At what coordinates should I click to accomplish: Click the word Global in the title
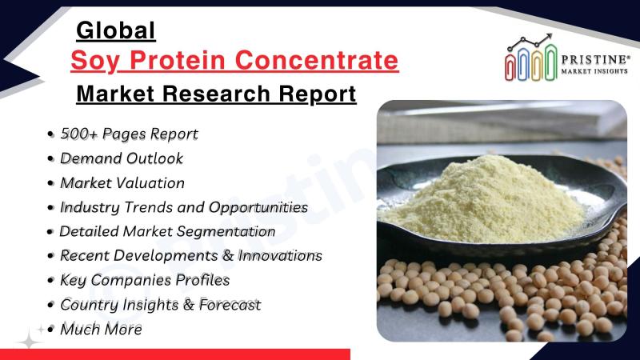(x=116, y=30)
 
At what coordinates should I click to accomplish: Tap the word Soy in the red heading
(x=95, y=61)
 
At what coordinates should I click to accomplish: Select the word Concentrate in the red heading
(x=317, y=60)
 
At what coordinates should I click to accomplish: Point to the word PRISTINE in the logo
(x=595, y=59)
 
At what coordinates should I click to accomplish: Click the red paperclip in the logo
(x=510, y=66)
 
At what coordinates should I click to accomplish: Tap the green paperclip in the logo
(x=550, y=62)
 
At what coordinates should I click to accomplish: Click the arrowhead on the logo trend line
(x=549, y=36)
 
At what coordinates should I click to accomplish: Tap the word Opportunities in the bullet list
(x=258, y=208)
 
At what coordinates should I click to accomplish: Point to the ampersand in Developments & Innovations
(x=228, y=256)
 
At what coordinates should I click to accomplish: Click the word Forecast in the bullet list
(x=230, y=305)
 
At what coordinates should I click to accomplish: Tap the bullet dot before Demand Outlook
(x=50, y=158)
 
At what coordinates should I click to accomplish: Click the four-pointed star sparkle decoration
(x=30, y=338)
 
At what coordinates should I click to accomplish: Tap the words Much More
(x=101, y=330)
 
